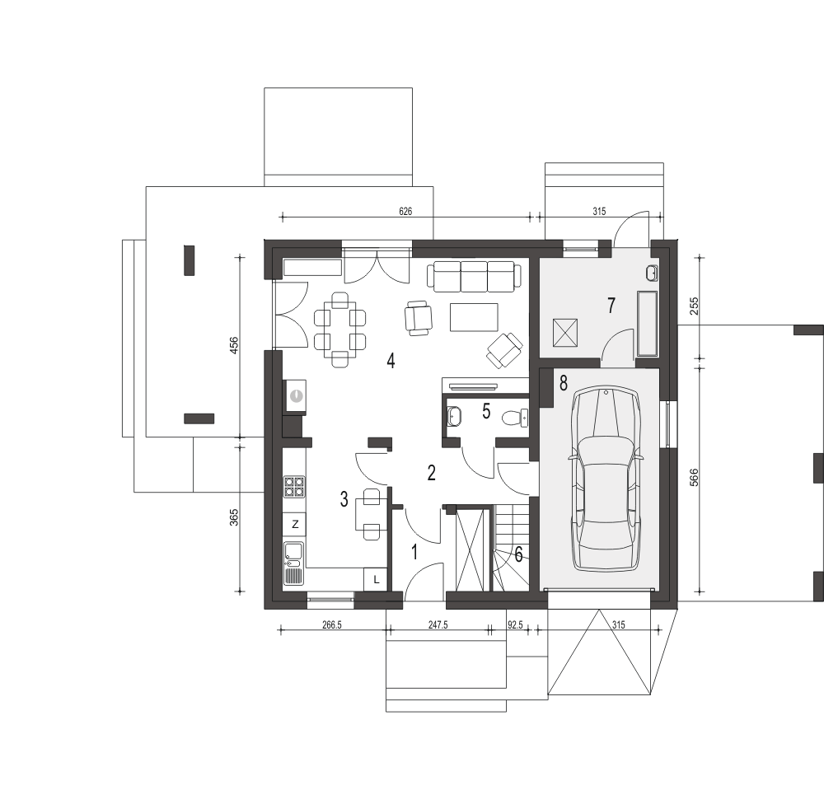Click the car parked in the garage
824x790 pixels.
[x=606, y=479]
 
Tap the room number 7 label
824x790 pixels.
[x=611, y=306]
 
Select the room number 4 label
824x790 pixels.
[x=391, y=361]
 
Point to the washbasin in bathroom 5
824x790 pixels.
[x=454, y=417]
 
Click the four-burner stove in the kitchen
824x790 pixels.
[x=294, y=486]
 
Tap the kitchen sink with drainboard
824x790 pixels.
[x=294, y=563]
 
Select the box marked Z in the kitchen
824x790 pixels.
[x=295, y=524]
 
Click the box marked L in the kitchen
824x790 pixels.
[x=376, y=580]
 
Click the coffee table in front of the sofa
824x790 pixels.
[x=474, y=317]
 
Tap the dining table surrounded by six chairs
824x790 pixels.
[x=340, y=330]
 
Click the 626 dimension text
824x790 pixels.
[x=405, y=211]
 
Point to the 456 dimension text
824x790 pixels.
[x=234, y=345]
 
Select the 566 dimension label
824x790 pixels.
[x=694, y=478]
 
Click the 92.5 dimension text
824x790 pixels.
[x=516, y=625]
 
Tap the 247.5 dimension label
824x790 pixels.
[x=438, y=625]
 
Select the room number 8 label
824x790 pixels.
[x=564, y=383]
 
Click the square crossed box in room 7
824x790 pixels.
[x=565, y=333]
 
